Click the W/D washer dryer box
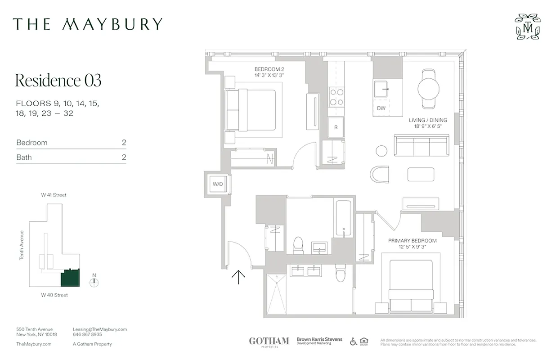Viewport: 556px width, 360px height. click(218, 184)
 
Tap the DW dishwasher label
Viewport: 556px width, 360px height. click(381, 108)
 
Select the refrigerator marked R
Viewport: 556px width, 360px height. click(336, 127)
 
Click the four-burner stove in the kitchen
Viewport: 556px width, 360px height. click(336, 96)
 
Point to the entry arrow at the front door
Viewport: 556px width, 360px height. click(238, 277)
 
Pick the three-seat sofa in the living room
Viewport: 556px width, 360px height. click(421, 145)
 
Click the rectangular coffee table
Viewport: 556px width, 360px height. click(421, 174)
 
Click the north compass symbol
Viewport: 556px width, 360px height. click(94, 282)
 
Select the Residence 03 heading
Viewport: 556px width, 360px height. click(58, 81)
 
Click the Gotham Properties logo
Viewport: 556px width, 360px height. click(269, 342)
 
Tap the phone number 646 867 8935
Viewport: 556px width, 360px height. click(87, 335)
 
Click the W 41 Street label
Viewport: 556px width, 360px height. click(54, 195)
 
